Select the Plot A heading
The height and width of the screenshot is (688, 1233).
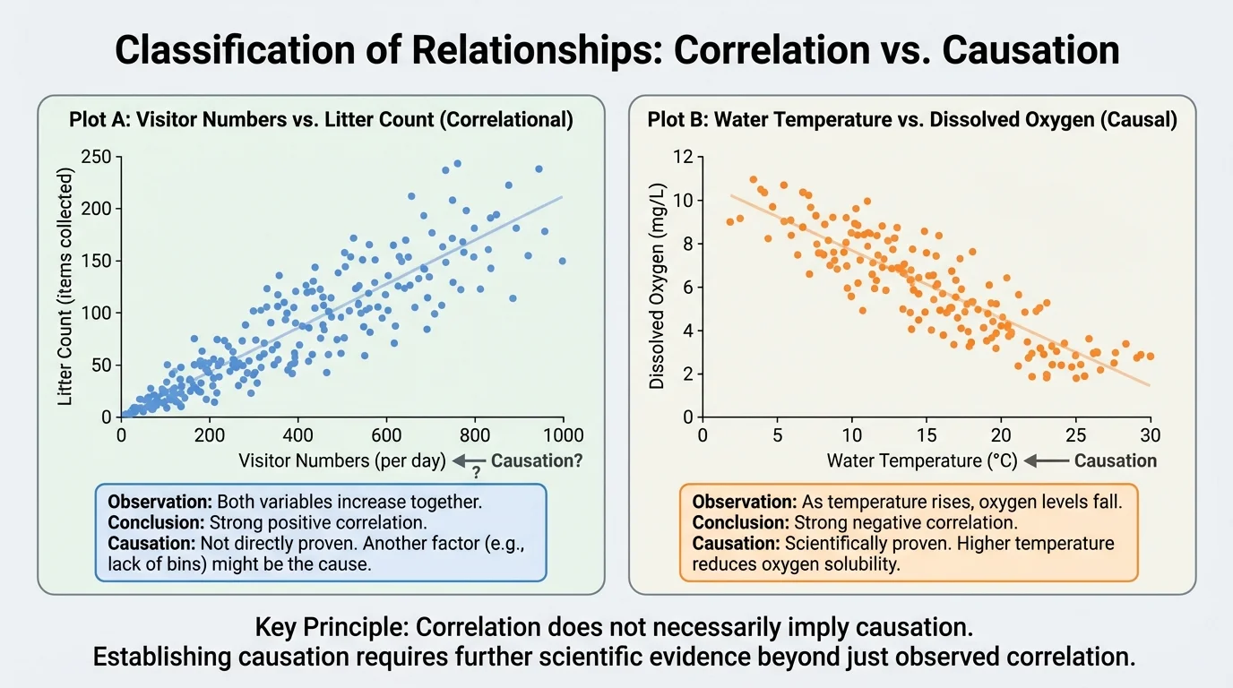point(321,120)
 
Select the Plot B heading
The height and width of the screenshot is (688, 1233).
point(912,120)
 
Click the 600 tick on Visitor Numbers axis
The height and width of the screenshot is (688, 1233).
point(386,435)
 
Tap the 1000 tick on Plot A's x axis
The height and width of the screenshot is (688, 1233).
point(563,435)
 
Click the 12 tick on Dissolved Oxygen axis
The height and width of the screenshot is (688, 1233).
point(682,157)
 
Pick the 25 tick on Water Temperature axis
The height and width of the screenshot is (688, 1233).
point(1075,435)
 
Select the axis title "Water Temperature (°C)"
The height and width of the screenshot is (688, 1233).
point(922,461)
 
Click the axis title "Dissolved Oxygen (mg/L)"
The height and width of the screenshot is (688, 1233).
point(657,286)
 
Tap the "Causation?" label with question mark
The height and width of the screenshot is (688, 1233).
point(537,461)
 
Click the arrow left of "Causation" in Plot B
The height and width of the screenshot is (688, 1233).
point(1047,461)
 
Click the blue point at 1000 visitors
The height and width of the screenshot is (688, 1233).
point(562,261)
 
